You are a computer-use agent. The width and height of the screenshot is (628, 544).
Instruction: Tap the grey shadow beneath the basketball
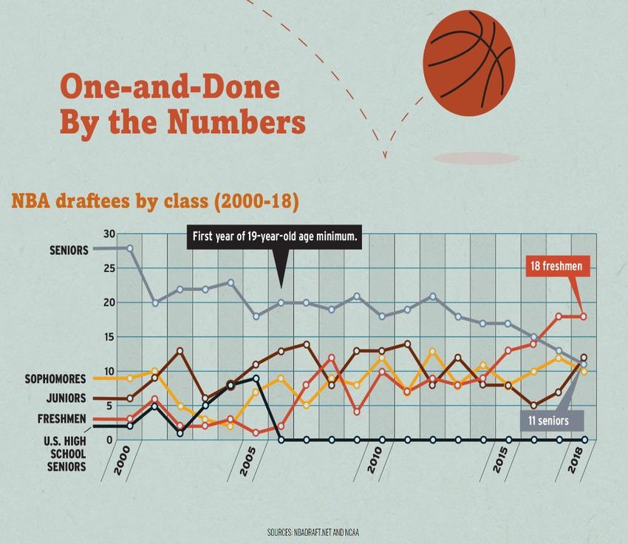pyautogui.click(x=476, y=158)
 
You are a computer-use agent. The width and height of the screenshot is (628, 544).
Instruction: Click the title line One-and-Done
pyautogui.click(x=170, y=88)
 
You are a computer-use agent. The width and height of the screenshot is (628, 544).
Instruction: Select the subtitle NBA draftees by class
pyautogui.click(x=154, y=201)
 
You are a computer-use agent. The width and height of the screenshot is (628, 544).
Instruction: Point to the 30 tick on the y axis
pyautogui.click(x=109, y=234)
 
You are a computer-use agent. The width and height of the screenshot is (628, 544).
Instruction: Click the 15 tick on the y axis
pyautogui.click(x=109, y=337)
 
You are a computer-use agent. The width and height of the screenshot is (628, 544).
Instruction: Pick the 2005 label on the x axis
pyautogui.click(x=248, y=464)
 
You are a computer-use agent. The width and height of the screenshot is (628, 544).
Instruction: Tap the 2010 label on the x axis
pyautogui.click(x=375, y=464)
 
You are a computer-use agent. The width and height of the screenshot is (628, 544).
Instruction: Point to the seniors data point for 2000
pyautogui.click(x=130, y=248)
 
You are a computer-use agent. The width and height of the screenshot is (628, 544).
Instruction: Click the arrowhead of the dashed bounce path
pyautogui.click(x=385, y=154)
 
